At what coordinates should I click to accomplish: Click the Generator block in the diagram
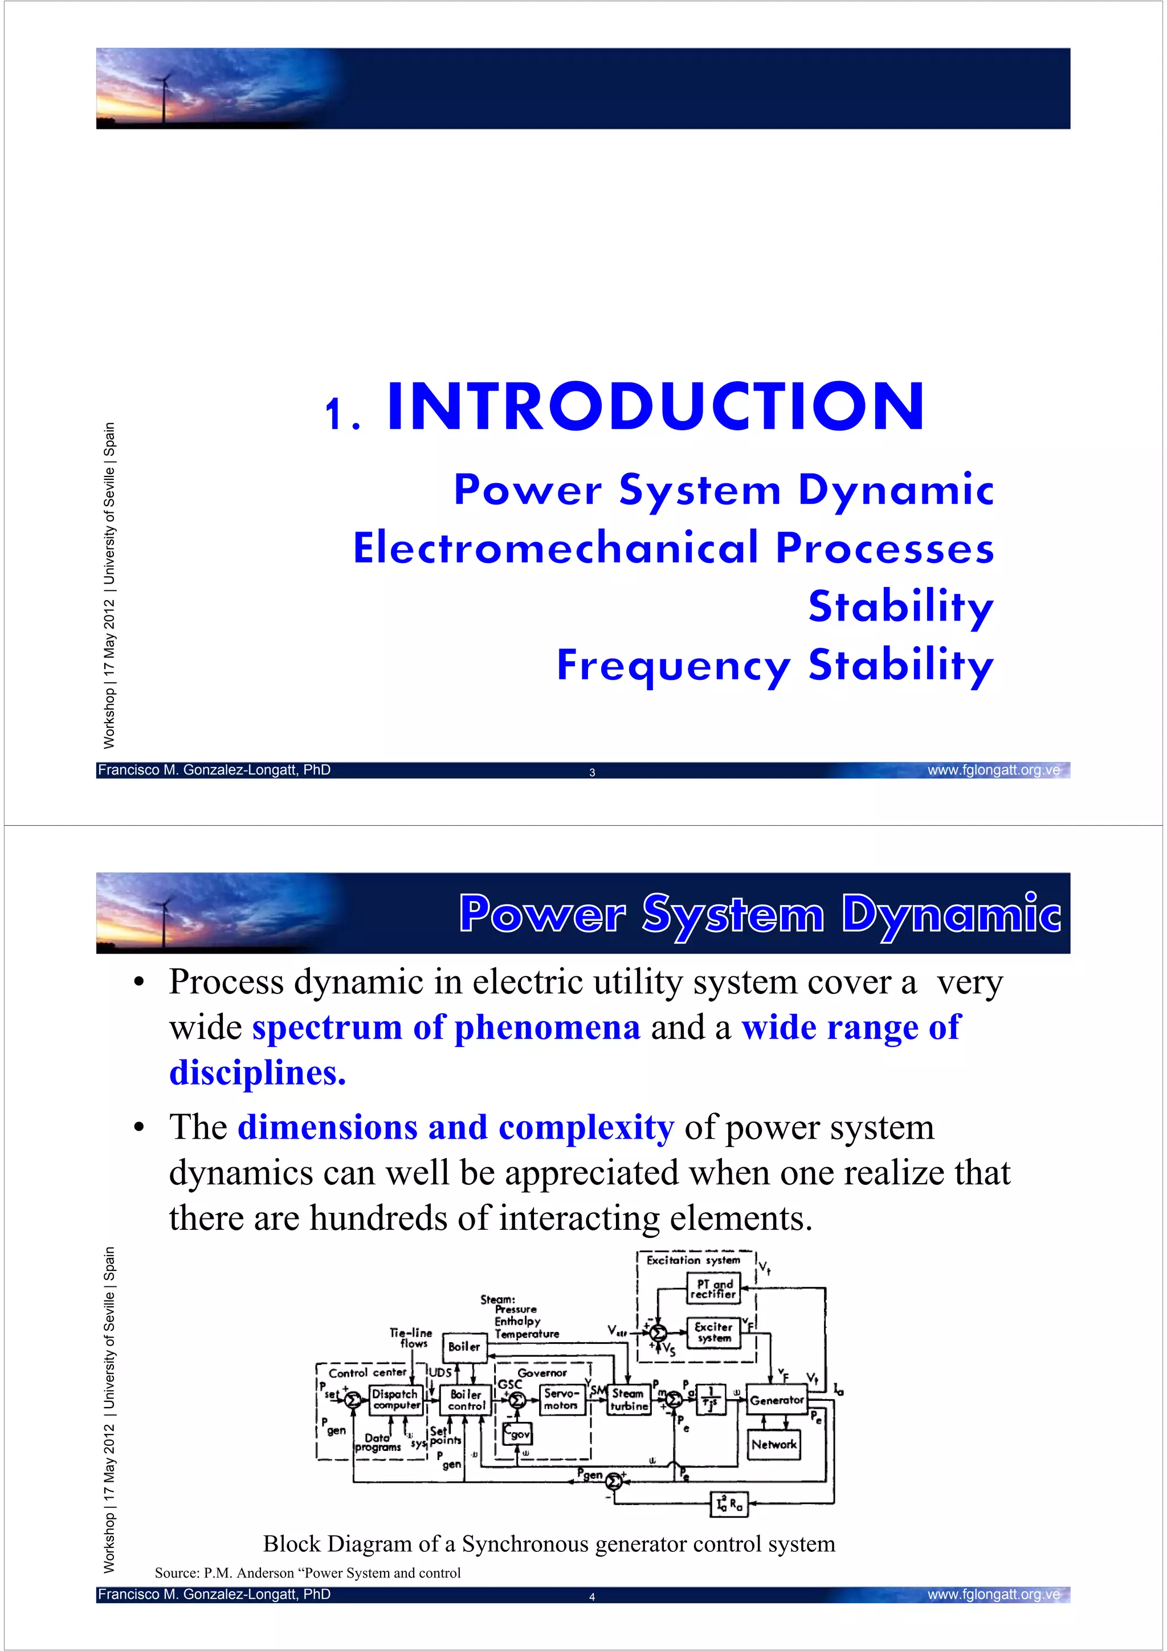(x=776, y=1400)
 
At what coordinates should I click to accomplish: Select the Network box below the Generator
(x=774, y=1444)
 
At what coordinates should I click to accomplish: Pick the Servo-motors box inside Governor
(x=561, y=1399)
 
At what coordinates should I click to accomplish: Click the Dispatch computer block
(x=395, y=1399)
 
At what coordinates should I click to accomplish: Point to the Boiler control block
(x=467, y=1399)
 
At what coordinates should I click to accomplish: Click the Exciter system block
(x=713, y=1332)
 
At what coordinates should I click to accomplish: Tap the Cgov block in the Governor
(x=517, y=1433)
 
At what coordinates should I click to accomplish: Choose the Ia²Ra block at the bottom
(x=729, y=1503)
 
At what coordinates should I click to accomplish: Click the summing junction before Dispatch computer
(x=353, y=1399)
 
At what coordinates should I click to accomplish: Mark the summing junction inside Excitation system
(x=657, y=1332)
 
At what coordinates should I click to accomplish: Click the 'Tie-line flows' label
(x=411, y=1338)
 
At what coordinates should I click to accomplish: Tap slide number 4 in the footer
(x=592, y=1596)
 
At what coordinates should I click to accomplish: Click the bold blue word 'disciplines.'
(x=258, y=1072)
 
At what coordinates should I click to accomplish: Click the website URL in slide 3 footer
(x=993, y=770)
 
